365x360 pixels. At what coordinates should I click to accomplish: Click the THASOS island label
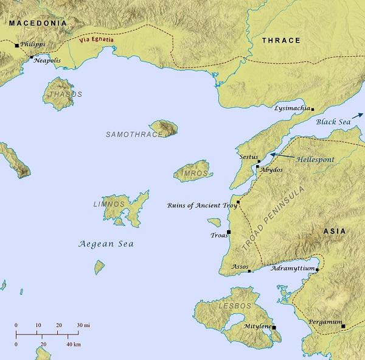coord(64,94)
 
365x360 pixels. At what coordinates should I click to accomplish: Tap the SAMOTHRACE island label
coord(134,134)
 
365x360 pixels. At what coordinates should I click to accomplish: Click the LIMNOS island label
coord(109,204)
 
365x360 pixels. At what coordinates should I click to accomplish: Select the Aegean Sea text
coord(106,244)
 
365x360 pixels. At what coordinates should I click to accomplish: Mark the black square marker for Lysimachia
coord(313,109)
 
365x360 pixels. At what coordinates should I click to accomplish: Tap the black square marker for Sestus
coord(259,162)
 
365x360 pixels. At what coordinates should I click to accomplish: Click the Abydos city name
coord(271,171)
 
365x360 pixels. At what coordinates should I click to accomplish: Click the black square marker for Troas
coord(229,232)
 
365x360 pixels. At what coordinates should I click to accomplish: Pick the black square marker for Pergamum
coord(343,326)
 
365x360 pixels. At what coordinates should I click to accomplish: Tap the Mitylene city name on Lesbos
coord(257,327)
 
